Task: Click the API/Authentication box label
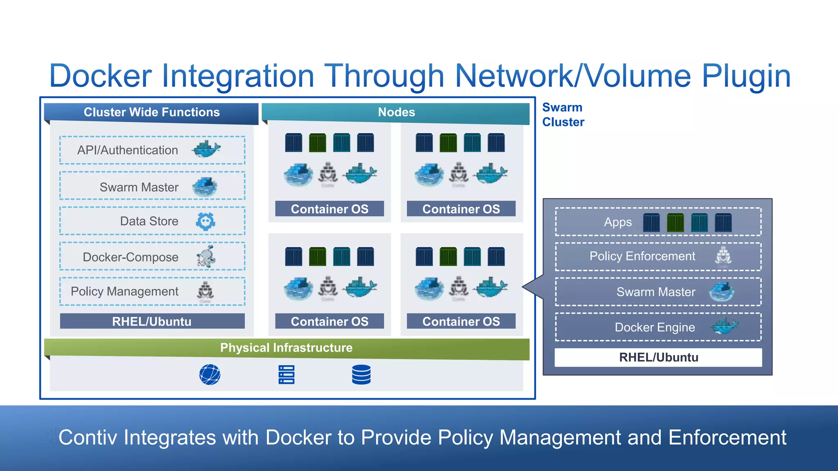(127, 150)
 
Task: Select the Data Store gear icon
(205, 222)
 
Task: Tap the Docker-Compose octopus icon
(206, 257)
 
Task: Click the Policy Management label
(124, 291)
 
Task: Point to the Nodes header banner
(396, 112)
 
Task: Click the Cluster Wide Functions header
(151, 112)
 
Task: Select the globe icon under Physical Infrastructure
(210, 375)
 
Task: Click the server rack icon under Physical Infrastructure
(286, 375)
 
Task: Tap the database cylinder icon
(361, 375)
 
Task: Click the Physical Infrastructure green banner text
(286, 348)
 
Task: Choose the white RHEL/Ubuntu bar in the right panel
(658, 357)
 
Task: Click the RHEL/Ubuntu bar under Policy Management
(152, 321)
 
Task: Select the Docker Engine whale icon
(725, 326)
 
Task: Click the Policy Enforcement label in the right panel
(642, 256)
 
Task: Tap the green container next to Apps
(675, 223)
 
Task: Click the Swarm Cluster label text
(563, 114)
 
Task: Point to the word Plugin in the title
(746, 76)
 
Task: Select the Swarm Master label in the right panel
(656, 292)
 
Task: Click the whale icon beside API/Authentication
(207, 149)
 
